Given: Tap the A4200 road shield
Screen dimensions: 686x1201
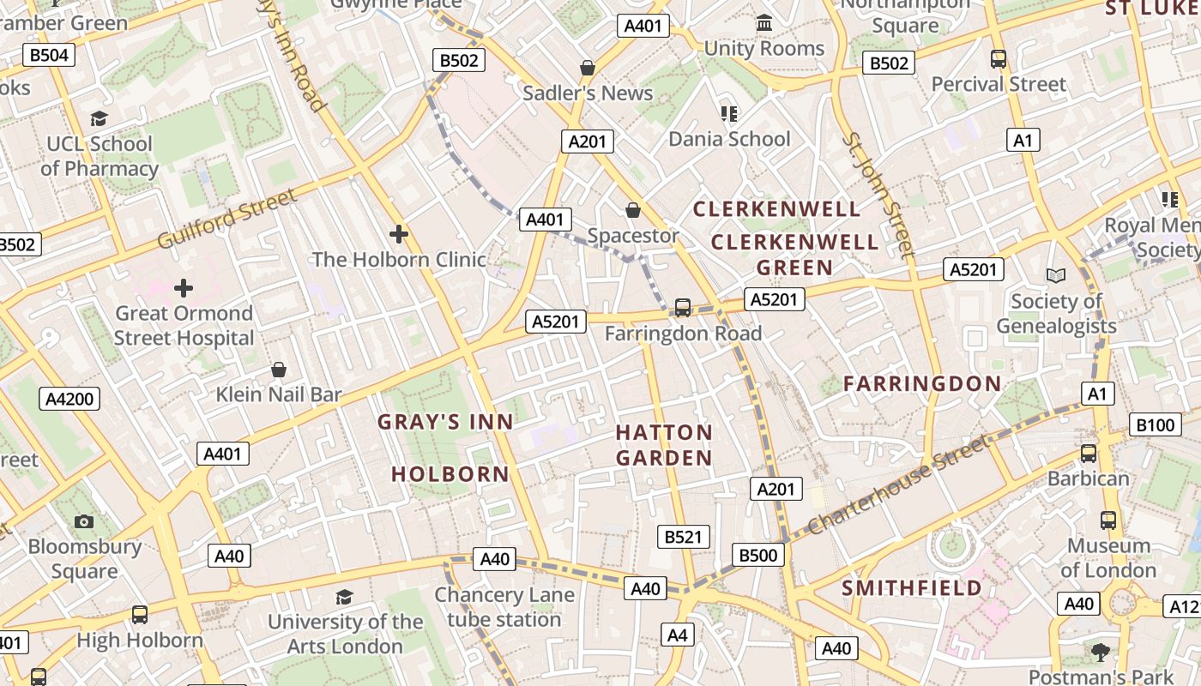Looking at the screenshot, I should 69,399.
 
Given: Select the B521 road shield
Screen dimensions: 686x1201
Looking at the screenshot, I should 683,538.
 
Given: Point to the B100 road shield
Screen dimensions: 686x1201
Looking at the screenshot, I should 1154,424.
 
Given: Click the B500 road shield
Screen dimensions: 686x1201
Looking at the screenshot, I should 758,555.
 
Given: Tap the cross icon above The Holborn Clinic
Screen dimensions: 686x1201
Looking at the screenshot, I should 398,233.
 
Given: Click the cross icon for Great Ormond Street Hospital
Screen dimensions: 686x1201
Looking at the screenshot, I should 184,288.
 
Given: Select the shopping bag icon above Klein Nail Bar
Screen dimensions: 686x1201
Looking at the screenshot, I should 279,370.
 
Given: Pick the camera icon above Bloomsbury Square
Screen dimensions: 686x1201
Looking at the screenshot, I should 84,521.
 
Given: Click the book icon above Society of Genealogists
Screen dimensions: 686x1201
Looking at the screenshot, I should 1056,275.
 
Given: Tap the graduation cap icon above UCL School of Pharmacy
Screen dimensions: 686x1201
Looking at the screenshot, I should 100,118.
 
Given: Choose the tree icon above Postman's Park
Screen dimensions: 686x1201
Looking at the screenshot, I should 1100,653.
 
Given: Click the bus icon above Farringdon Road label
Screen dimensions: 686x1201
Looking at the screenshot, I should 683,308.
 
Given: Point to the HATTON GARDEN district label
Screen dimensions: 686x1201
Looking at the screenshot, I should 664,445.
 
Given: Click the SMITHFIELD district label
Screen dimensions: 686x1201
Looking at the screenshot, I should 912,588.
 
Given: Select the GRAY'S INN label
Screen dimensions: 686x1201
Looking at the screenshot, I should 445,422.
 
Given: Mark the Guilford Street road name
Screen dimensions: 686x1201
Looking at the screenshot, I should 227,220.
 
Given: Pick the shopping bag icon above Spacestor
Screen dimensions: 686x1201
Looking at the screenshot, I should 633,210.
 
